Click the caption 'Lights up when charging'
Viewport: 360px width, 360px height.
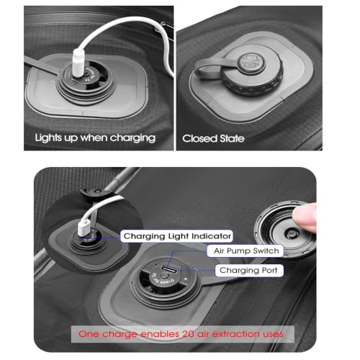coord(95,138)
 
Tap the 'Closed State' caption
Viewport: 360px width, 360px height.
coord(213,138)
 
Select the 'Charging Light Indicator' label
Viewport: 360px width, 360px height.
coord(177,236)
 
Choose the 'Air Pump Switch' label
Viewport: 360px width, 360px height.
coord(246,251)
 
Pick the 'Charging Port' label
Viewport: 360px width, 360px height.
coord(248,270)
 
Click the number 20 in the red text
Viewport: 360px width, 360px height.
coord(188,334)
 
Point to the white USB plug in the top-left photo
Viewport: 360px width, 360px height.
coord(78,62)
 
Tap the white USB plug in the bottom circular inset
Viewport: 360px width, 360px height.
coord(84,228)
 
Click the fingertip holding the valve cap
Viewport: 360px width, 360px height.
coord(305,218)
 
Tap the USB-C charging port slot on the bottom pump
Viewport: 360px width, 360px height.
coord(169,269)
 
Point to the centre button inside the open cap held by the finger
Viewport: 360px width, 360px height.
coord(291,233)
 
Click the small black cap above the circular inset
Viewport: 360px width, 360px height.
coord(95,192)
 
